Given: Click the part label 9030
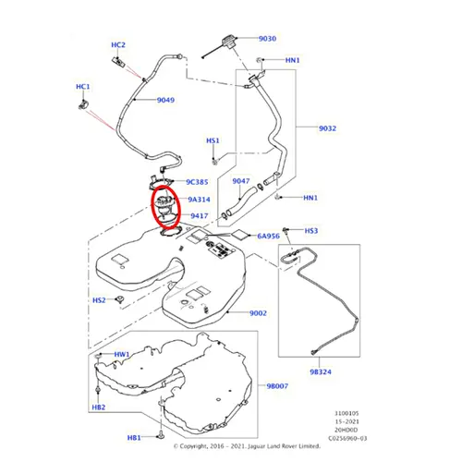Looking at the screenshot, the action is click(x=267, y=39).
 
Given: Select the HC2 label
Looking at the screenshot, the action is click(x=118, y=45).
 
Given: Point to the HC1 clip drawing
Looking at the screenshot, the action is click(x=83, y=104).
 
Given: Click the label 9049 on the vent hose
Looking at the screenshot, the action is click(x=165, y=100).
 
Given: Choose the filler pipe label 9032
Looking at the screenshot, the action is click(x=327, y=128).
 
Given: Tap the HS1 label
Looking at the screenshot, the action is click(x=213, y=140).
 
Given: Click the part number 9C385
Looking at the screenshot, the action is click(x=197, y=182).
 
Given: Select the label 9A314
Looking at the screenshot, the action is click(x=199, y=200).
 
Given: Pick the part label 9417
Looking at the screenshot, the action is click(x=200, y=215).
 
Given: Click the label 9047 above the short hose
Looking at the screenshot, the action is click(x=241, y=181).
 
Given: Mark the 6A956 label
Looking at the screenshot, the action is click(x=269, y=237).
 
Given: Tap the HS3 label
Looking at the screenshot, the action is click(x=311, y=231).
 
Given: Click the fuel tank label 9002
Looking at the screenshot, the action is click(x=258, y=313).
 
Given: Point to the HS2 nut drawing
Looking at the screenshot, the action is click(x=119, y=299).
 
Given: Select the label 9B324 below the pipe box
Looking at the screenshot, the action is click(x=321, y=372).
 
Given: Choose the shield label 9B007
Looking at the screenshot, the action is click(x=277, y=386).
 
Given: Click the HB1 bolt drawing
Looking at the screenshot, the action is click(x=161, y=435).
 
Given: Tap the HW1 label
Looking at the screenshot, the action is click(x=122, y=355).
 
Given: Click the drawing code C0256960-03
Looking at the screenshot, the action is click(x=347, y=438).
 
